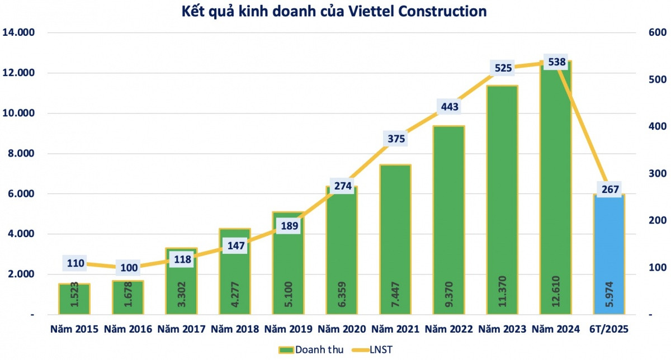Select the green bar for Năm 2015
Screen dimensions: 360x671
[74, 299]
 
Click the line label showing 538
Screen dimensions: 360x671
[556, 62]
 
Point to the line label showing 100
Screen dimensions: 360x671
[129, 268]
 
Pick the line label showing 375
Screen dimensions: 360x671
[395, 139]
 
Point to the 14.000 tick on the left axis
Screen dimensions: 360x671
[19, 32]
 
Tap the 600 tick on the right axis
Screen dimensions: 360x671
[655, 32]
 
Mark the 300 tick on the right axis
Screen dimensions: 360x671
[655, 174]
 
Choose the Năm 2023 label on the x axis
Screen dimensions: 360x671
[503, 329]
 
